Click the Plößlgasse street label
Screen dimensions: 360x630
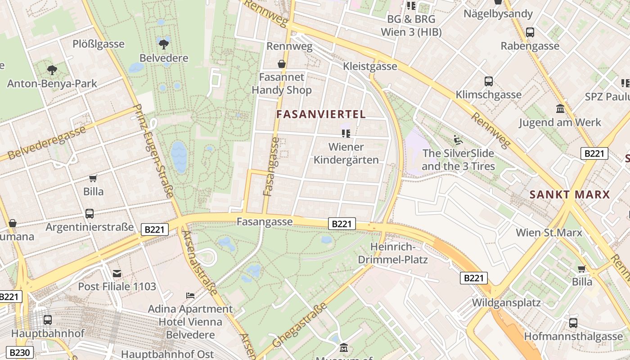(x=99, y=44)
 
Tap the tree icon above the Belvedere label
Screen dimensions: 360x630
(x=164, y=44)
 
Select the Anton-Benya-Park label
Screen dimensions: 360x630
(x=52, y=83)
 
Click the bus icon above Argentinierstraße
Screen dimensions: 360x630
(x=90, y=213)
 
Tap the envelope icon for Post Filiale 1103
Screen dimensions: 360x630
(x=117, y=273)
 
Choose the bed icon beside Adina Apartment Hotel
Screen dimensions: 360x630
(x=191, y=295)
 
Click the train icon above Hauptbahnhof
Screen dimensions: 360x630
(x=48, y=320)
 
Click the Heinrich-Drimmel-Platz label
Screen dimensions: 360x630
(x=393, y=253)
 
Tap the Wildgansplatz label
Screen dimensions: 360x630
(x=506, y=302)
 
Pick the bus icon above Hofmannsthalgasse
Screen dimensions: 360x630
(x=573, y=323)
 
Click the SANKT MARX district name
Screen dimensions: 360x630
(x=570, y=195)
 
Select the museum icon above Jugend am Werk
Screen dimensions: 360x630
(x=560, y=108)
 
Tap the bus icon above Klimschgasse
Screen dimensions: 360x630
(x=489, y=81)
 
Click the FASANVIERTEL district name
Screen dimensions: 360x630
(x=321, y=114)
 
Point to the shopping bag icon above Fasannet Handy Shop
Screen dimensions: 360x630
(x=282, y=64)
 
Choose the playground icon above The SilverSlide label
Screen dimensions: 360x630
(x=458, y=139)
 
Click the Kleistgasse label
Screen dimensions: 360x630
(x=370, y=67)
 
